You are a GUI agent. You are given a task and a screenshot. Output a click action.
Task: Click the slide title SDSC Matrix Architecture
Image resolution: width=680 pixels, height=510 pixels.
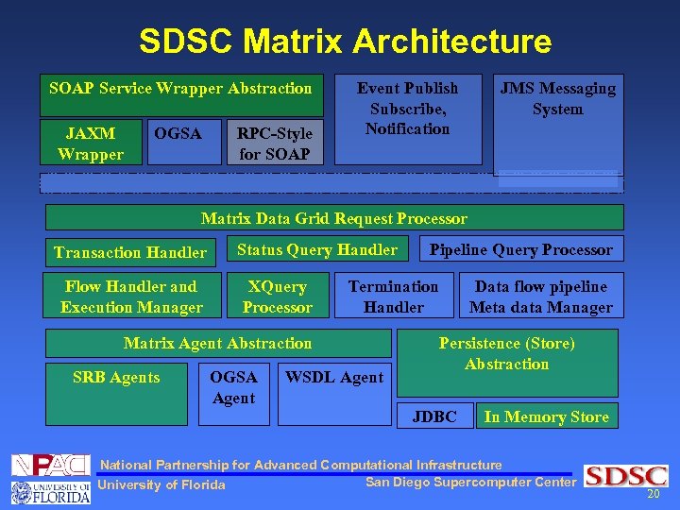(x=345, y=41)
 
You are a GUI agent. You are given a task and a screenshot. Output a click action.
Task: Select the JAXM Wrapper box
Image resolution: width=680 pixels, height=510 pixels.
(x=91, y=144)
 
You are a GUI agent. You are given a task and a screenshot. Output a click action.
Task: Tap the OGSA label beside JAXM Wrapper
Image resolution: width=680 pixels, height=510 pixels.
(x=178, y=134)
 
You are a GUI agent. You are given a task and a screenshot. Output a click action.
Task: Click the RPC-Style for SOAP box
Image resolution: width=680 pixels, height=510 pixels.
(x=275, y=144)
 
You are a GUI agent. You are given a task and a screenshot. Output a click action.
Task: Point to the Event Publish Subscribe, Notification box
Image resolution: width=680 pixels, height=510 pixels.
(x=408, y=109)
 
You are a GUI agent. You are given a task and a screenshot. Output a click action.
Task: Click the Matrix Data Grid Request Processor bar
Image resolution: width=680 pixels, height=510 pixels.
(x=334, y=218)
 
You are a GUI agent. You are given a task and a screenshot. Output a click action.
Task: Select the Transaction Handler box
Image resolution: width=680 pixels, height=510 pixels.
(x=130, y=252)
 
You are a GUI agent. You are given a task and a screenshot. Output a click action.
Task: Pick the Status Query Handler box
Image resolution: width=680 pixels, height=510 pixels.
(x=317, y=249)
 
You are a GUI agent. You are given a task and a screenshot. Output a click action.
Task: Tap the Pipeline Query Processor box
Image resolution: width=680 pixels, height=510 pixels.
(x=521, y=249)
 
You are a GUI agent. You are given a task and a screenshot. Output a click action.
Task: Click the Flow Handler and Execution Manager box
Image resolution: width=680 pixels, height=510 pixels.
(x=131, y=297)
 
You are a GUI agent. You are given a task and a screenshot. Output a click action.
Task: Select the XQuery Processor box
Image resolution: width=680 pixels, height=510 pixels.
(x=277, y=297)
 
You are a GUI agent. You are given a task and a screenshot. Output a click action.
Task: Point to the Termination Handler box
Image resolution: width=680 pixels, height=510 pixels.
(x=393, y=297)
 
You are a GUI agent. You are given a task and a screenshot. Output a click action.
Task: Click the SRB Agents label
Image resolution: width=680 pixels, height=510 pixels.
(x=116, y=378)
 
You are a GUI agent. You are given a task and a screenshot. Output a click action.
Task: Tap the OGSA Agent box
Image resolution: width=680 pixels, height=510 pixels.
(x=233, y=387)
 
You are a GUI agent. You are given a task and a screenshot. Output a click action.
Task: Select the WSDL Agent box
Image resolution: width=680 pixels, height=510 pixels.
(x=334, y=378)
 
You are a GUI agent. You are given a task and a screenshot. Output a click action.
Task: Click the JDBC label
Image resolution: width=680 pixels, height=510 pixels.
(x=434, y=416)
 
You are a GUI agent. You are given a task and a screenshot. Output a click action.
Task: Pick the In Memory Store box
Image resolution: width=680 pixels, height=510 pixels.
(x=547, y=416)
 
